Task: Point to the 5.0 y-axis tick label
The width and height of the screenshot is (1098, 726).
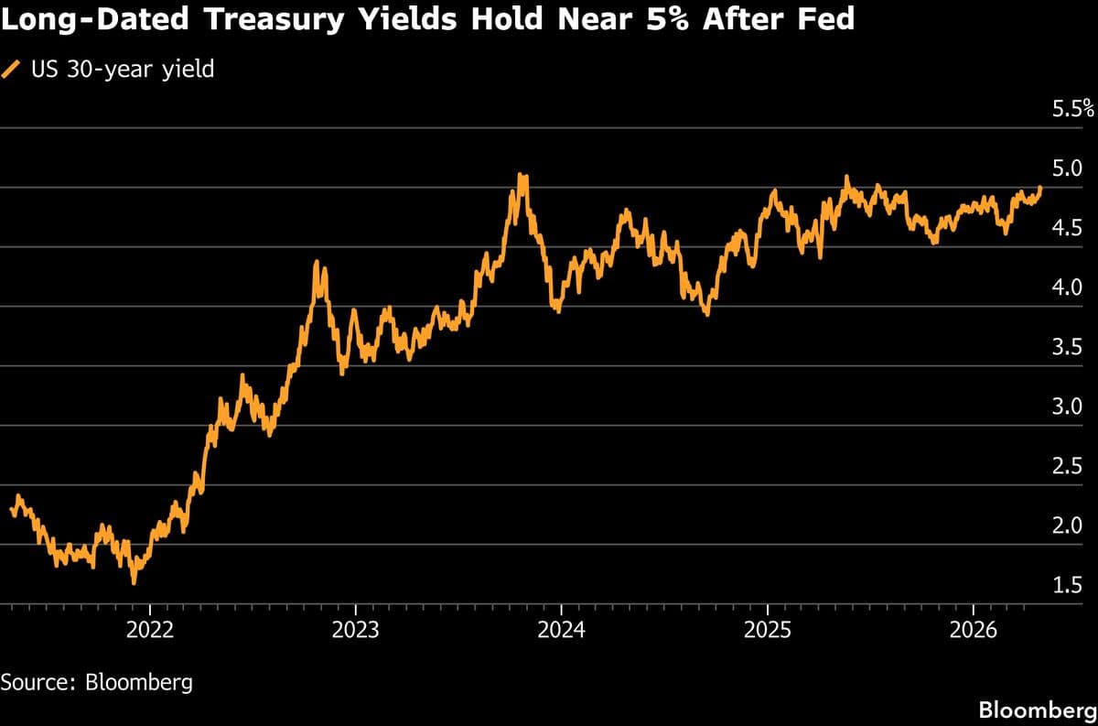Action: tap(1068, 168)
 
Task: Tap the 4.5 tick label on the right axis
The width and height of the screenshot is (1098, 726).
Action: tap(1068, 228)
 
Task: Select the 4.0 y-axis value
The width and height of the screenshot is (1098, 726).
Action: tap(1068, 287)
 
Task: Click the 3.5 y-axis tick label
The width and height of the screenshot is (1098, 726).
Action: tap(1068, 347)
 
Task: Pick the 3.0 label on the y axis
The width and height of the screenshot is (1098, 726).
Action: tap(1068, 406)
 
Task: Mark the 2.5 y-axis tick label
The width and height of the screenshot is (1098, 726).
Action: tap(1068, 466)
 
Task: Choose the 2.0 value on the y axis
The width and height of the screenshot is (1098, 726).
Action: tap(1068, 526)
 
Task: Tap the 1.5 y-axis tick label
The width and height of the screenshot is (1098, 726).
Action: tap(1068, 585)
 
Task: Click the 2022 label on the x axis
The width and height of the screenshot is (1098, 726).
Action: tap(149, 629)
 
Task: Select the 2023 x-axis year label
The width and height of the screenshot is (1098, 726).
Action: tap(355, 629)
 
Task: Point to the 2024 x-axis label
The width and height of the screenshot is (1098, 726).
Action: tap(561, 629)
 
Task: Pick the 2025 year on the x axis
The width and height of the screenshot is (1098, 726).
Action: tap(767, 629)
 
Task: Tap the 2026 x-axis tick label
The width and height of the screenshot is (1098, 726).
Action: tap(973, 629)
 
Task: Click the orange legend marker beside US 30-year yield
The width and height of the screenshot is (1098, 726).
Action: tap(12, 69)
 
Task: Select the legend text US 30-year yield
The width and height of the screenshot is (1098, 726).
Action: tap(122, 69)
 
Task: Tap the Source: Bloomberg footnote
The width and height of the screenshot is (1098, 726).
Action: tap(96, 682)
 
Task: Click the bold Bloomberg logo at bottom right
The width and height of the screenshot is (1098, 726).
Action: tap(1037, 710)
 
